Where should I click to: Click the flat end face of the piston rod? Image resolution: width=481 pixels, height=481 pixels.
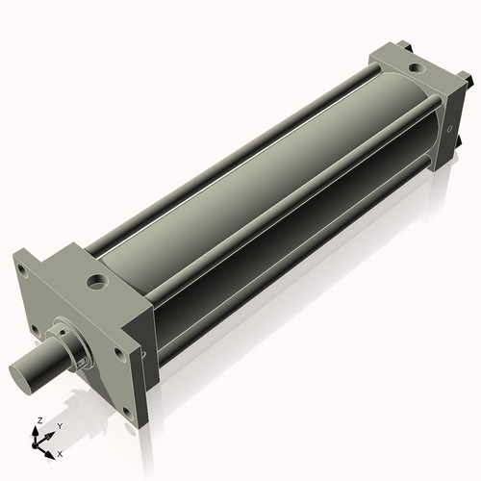[23, 372]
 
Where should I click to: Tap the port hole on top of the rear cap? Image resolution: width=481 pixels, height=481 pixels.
[415, 69]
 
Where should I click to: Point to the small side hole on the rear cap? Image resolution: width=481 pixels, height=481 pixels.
[448, 130]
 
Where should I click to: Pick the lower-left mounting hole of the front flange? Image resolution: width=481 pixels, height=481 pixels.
[37, 329]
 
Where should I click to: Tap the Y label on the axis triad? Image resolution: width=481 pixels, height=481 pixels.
[59, 425]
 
